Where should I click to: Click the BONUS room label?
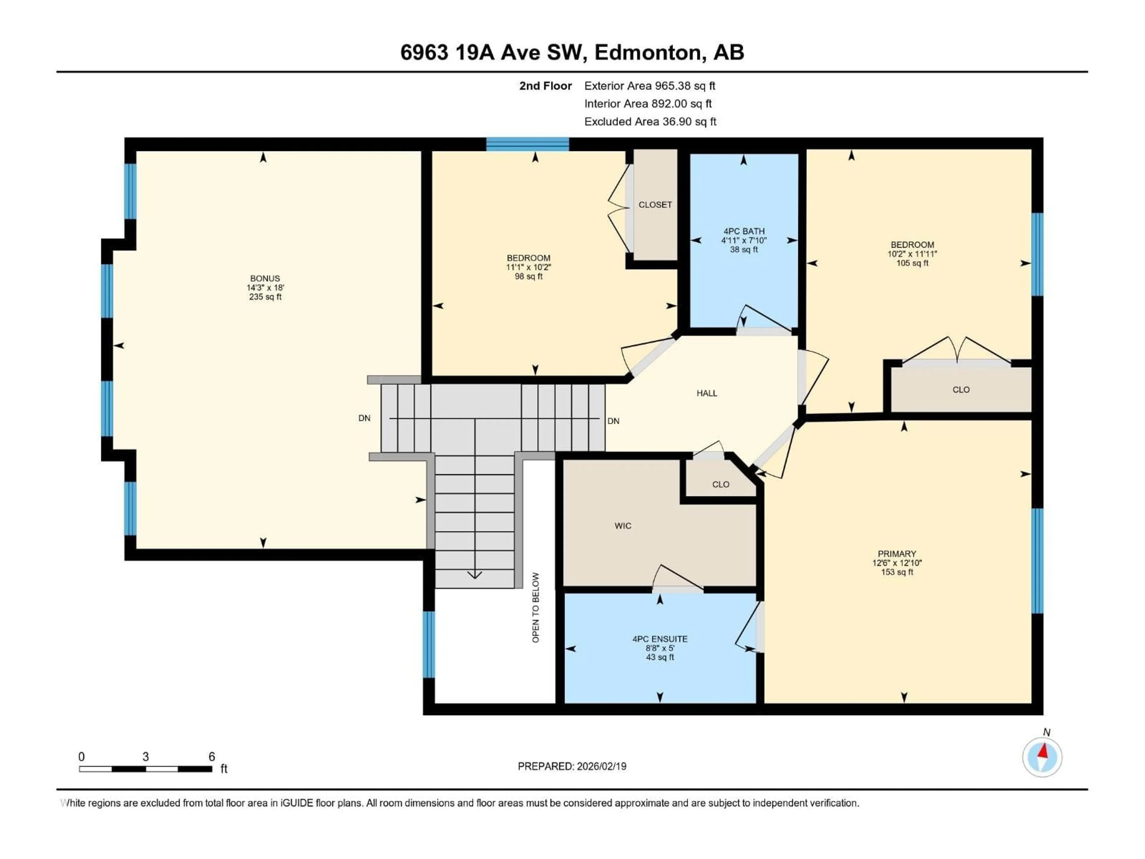tap(265, 279)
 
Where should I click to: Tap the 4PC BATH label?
tap(744, 231)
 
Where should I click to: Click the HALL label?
tap(707, 393)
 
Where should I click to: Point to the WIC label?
tap(623, 526)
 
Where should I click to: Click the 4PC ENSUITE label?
tap(660, 639)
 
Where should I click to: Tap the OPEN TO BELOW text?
tap(536, 607)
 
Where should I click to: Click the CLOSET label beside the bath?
tap(655, 205)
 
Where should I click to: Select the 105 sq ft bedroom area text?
tap(912, 263)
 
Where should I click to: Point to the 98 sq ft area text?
tap(528, 276)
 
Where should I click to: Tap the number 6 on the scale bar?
tap(212, 756)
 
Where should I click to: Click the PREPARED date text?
tap(572, 766)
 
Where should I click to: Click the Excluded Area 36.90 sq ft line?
tap(650, 122)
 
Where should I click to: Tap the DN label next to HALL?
tap(613, 421)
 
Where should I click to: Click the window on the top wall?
tap(527, 144)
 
